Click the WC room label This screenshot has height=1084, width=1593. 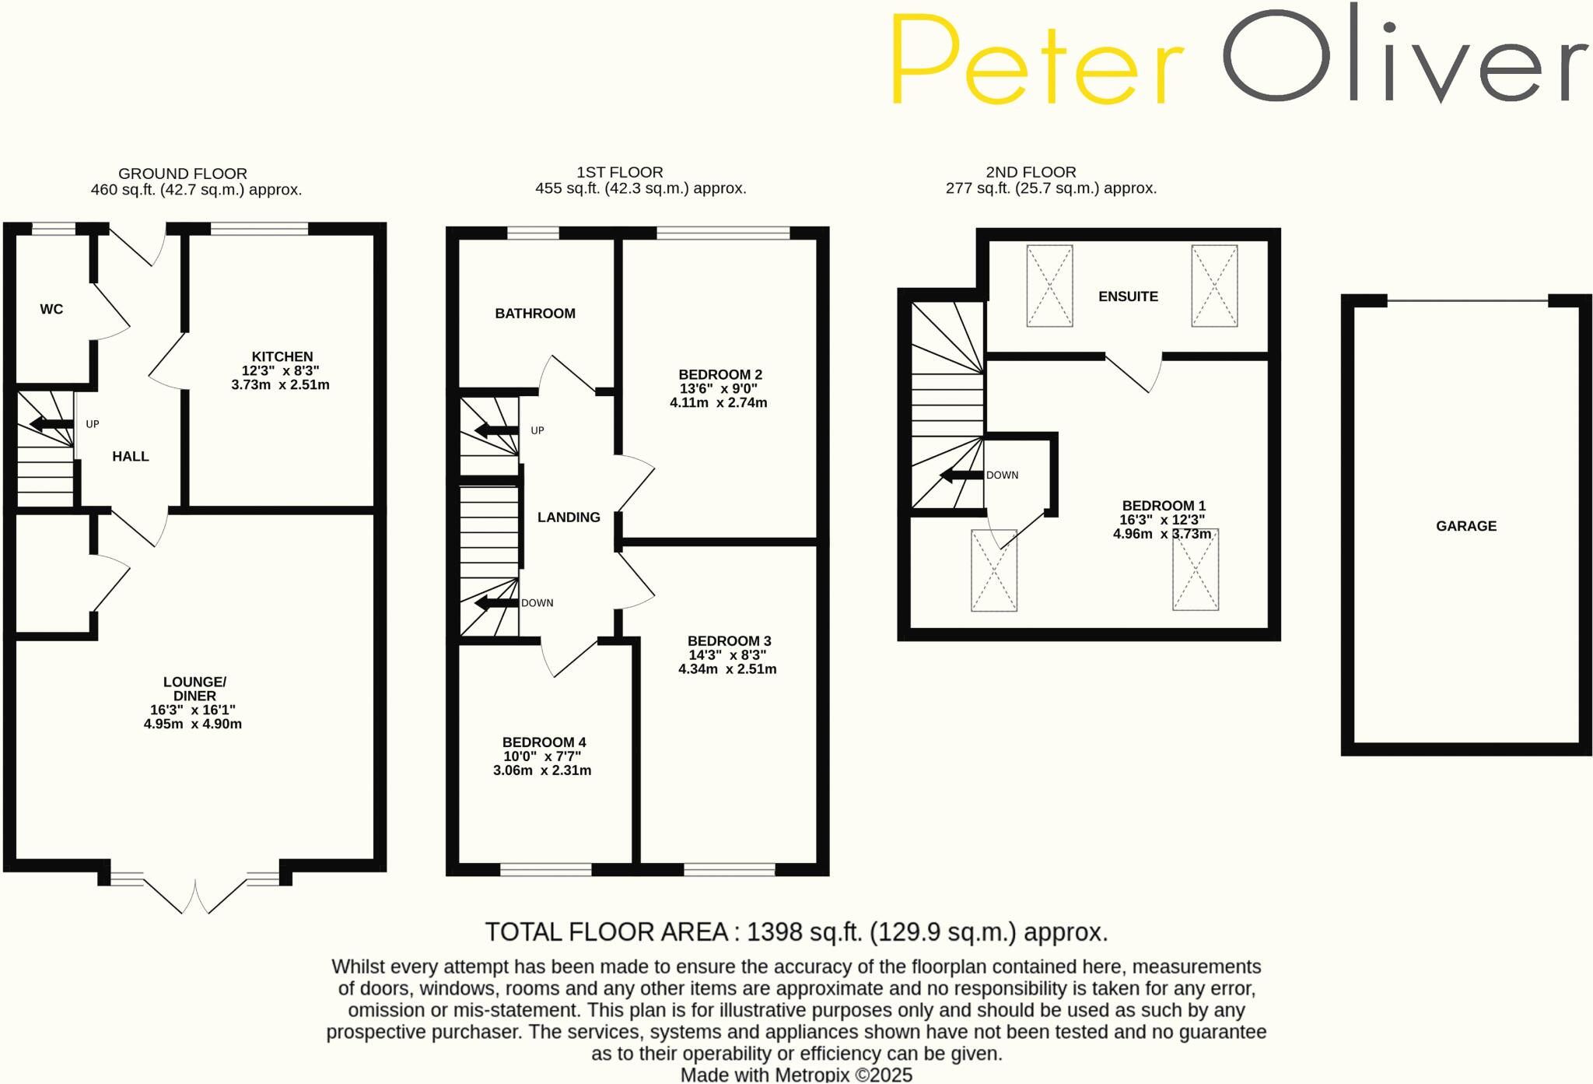tap(51, 309)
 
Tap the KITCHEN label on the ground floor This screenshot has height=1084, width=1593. tap(282, 356)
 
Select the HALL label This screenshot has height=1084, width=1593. tap(130, 456)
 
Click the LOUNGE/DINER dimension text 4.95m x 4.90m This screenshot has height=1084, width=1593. tap(193, 724)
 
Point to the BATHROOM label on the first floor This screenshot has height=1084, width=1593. tap(535, 313)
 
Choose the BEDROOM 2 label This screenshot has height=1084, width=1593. tap(720, 374)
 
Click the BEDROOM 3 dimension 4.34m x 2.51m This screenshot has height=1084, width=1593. tap(727, 668)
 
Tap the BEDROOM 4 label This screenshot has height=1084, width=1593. tap(544, 742)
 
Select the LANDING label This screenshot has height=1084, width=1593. tap(569, 517)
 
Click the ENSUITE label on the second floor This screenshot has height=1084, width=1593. tap(1128, 296)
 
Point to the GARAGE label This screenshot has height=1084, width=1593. tap(1466, 525)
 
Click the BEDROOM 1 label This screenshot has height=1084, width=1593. tap(1164, 506)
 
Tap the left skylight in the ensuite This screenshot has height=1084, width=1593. tap(1049, 286)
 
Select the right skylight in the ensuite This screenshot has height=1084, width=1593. tap(1214, 286)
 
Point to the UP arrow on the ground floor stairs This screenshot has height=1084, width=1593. tap(51, 424)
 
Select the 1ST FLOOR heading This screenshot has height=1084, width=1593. tap(620, 172)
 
